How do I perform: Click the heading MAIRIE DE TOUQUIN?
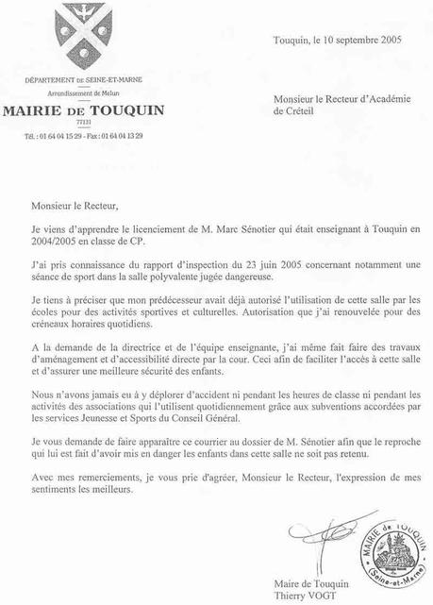pyautogui.click(x=84, y=109)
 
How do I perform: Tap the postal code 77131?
pyautogui.click(x=83, y=123)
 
